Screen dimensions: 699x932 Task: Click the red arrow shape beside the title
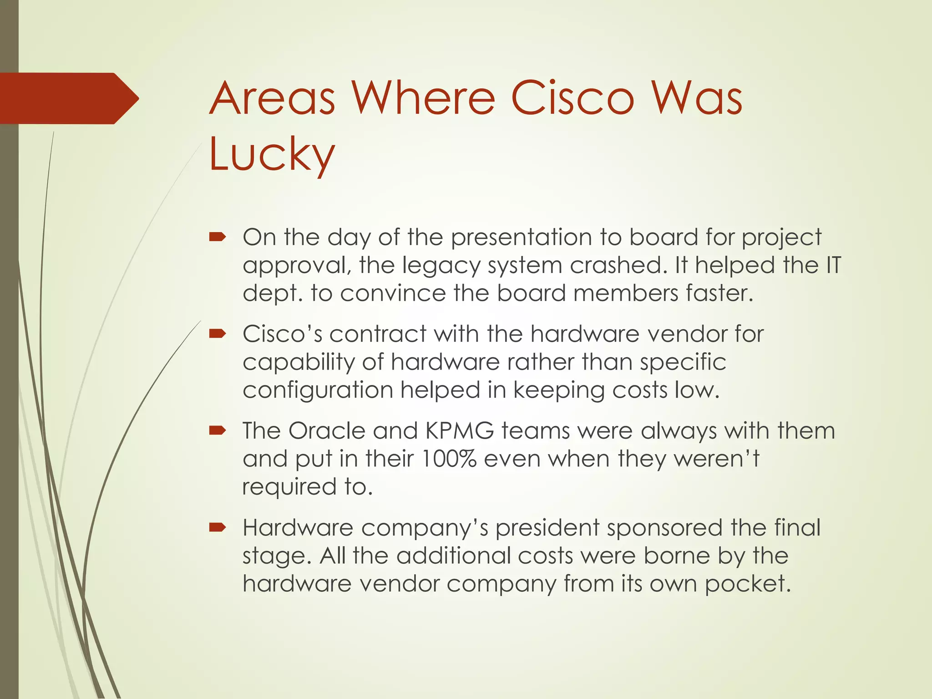click(x=68, y=98)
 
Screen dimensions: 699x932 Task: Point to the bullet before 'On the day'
click(x=218, y=237)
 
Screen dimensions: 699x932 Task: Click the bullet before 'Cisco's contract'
click(x=218, y=334)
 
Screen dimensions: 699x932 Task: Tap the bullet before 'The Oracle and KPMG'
click(x=218, y=431)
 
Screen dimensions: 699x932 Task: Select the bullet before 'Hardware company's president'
click(x=218, y=527)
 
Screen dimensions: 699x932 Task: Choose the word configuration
click(x=318, y=390)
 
